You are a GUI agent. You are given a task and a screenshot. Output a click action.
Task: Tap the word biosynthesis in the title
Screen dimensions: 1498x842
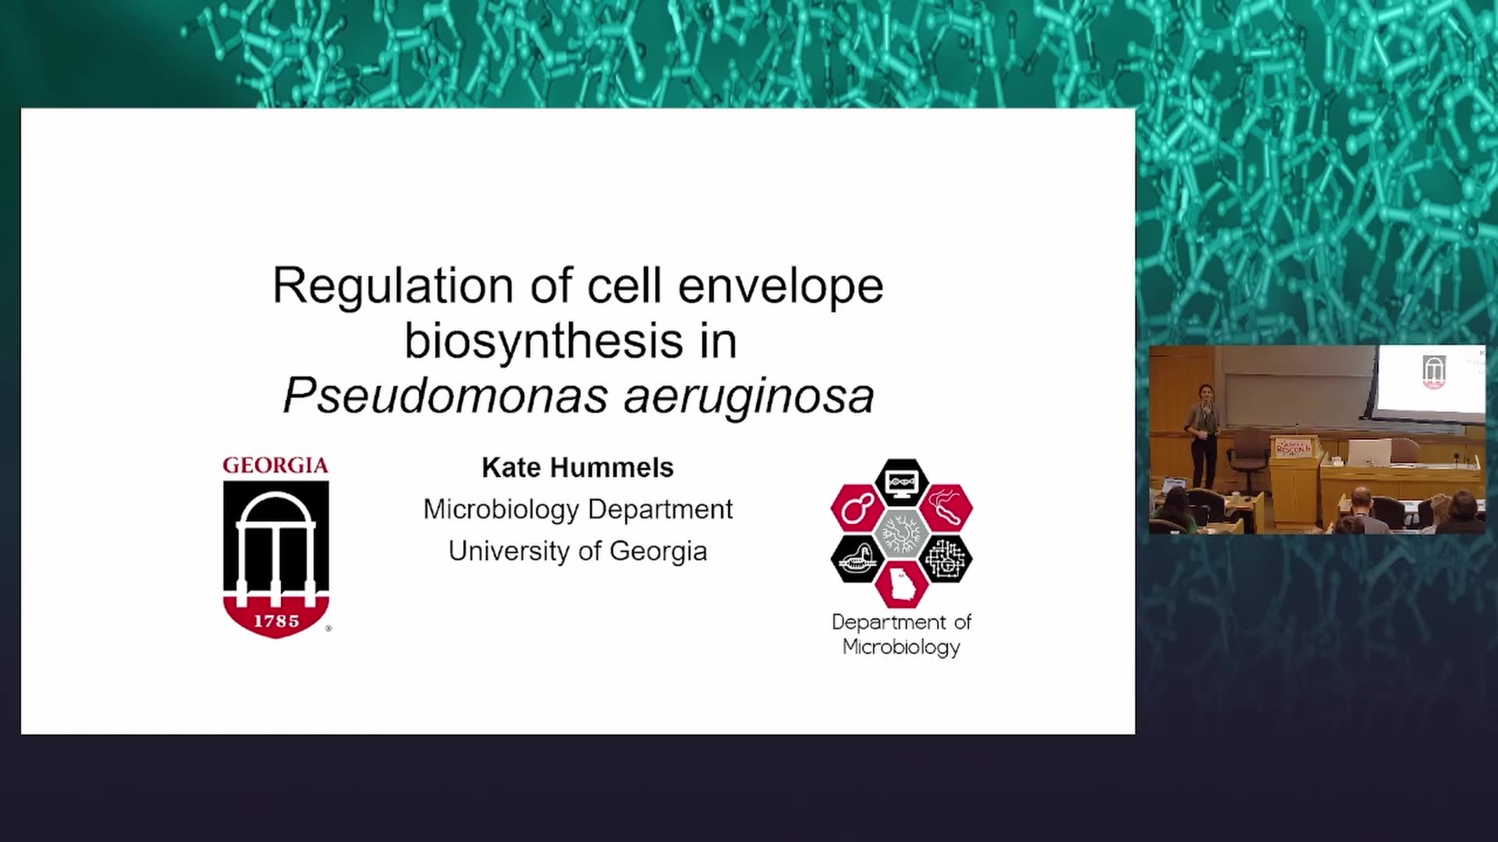pos(544,342)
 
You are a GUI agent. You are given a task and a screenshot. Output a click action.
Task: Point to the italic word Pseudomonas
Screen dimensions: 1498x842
pos(445,396)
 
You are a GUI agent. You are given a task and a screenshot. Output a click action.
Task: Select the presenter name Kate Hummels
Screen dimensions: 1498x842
pos(577,468)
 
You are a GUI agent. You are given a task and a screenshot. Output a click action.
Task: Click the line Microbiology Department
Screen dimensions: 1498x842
pos(577,510)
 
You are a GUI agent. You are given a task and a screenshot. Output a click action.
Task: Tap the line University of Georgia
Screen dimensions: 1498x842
pos(577,551)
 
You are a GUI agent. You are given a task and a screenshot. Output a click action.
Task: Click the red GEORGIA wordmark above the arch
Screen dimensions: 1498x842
pos(275,465)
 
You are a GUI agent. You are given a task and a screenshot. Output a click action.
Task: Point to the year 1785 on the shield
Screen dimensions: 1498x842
pos(276,621)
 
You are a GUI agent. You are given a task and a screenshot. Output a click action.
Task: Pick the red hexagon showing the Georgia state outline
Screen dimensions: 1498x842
pos(901,584)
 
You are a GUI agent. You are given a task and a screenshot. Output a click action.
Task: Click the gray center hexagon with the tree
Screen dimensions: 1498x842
pos(901,534)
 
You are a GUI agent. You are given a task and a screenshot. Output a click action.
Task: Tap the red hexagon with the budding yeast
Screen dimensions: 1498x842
pos(857,508)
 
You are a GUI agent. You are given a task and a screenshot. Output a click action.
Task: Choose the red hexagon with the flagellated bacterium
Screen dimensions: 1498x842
pos(946,508)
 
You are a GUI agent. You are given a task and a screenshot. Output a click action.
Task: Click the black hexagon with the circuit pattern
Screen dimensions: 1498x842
pos(946,559)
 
